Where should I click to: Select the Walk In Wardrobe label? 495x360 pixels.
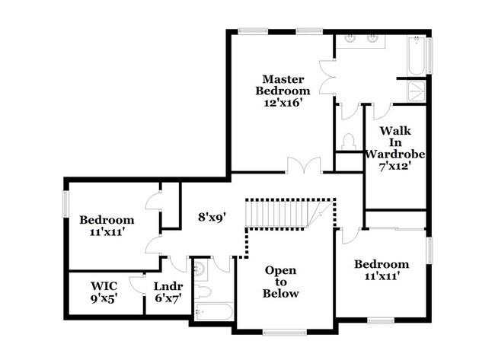tap(394, 142)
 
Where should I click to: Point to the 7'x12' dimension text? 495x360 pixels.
tap(393, 165)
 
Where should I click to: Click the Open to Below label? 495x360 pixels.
tap(280, 282)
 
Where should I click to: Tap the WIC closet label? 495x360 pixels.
tap(104, 286)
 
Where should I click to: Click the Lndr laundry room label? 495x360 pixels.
tap(167, 286)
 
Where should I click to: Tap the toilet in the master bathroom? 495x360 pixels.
tap(349, 142)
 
